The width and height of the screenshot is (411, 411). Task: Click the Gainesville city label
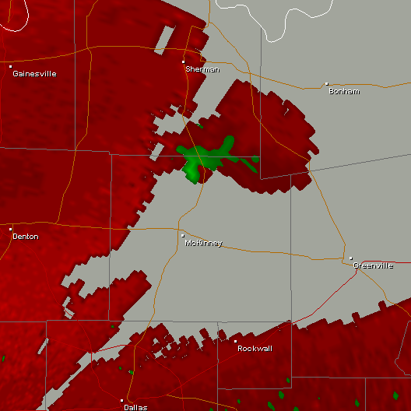tap(35, 74)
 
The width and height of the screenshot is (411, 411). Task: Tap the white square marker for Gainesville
tap(11, 67)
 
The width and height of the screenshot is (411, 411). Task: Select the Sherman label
tap(202, 69)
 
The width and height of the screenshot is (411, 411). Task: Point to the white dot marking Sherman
tap(184, 61)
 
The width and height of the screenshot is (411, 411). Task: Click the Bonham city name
tap(344, 91)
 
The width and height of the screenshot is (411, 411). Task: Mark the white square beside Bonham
tap(327, 83)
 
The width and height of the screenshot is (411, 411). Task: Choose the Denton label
tap(26, 237)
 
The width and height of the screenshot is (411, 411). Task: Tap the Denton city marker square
tap(11, 229)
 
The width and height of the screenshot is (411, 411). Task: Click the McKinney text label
tap(203, 244)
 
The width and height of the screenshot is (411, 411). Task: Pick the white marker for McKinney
tap(183, 236)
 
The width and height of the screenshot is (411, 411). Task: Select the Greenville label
tap(373, 265)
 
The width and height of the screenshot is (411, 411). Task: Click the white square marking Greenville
tap(351, 258)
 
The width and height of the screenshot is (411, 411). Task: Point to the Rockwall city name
tap(255, 349)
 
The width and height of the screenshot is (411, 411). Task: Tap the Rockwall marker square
tap(236, 341)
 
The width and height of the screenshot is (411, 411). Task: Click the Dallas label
tap(135, 407)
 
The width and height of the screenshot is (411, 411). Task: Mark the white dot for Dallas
tap(121, 400)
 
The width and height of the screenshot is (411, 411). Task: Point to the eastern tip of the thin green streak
tap(258, 169)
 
